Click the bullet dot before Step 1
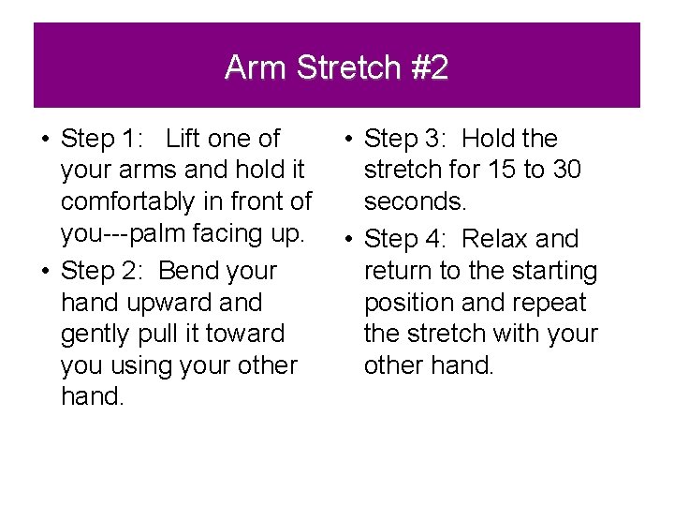click(x=44, y=140)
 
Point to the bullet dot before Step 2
click(x=44, y=272)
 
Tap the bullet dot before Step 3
click(x=347, y=140)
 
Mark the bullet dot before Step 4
click(x=347, y=240)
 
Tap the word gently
click(x=95, y=335)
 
